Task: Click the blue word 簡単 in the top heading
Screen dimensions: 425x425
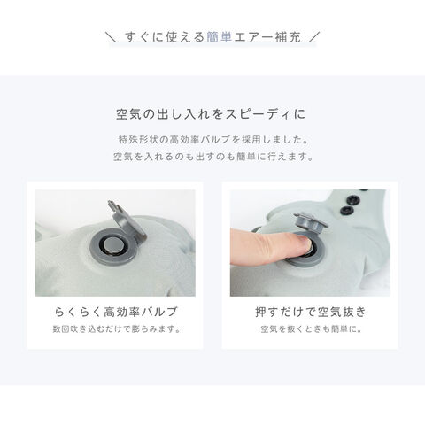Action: pyautogui.click(x=220, y=37)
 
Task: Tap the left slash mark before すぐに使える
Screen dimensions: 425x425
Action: pyautogui.click(x=111, y=37)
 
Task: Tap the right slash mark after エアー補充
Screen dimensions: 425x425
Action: pyautogui.click(x=314, y=37)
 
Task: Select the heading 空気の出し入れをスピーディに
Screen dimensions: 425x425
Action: pyautogui.click(x=211, y=114)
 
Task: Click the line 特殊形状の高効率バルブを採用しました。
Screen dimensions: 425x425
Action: pyautogui.click(x=213, y=140)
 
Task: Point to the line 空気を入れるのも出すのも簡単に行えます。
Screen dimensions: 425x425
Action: pyautogui.click(x=213, y=157)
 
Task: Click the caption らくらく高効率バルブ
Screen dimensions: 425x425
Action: pyautogui.click(x=116, y=312)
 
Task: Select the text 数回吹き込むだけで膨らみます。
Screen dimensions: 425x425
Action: pyautogui.click(x=116, y=328)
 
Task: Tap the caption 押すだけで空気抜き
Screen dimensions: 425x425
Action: pyautogui.click(x=311, y=312)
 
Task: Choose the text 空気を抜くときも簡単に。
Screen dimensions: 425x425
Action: pyautogui.click(x=311, y=328)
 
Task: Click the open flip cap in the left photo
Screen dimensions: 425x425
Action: pyautogui.click(x=127, y=219)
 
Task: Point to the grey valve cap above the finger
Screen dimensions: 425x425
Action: pyautogui.click(x=311, y=221)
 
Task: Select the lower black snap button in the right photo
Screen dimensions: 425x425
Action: pyautogui.click(x=345, y=210)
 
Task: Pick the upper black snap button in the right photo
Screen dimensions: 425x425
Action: pyautogui.click(x=354, y=199)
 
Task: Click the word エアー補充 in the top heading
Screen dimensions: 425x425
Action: pyautogui.click(x=267, y=37)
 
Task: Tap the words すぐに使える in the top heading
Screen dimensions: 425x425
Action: pyautogui.click(x=165, y=37)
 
